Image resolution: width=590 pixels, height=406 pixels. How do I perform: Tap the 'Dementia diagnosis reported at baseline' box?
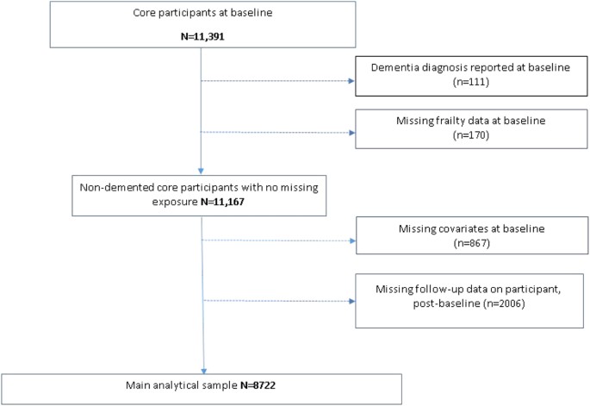coord(469,75)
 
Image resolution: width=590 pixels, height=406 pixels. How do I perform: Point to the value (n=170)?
coord(469,141)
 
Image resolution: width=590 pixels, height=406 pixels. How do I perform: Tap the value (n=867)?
coord(469,245)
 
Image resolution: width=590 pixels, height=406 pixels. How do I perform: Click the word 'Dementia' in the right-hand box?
coord(394,67)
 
